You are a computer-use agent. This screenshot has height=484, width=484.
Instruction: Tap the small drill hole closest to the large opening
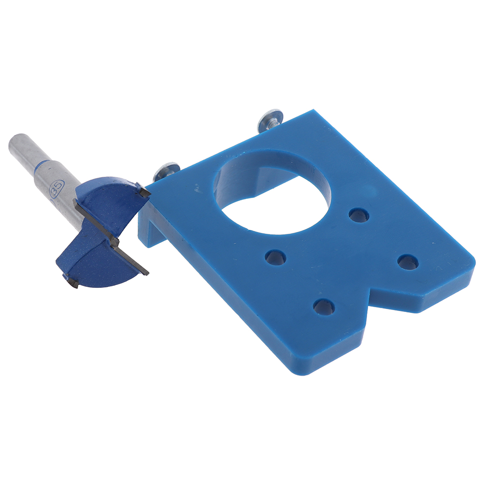[359, 215]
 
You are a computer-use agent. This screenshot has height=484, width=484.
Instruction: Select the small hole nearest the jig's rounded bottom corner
[324, 307]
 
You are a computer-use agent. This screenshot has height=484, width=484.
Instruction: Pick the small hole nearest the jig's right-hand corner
[408, 262]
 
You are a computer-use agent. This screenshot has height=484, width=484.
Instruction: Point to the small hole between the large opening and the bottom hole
[276, 257]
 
